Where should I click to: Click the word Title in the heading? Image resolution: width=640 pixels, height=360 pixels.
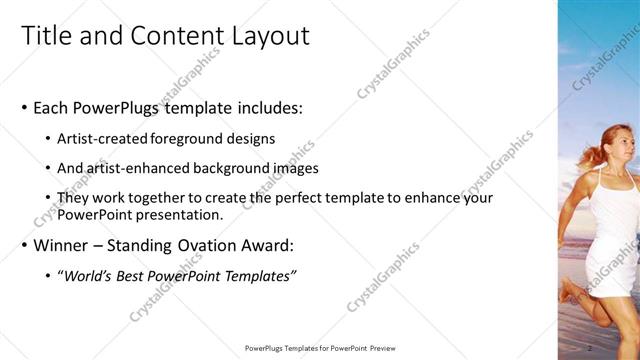click(x=47, y=36)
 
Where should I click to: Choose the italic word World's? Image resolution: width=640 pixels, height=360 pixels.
click(x=86, y=276)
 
